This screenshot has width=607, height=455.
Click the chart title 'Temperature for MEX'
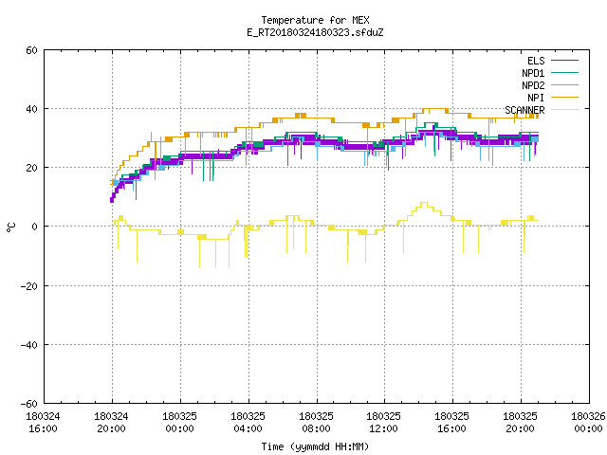[x=315, y=20]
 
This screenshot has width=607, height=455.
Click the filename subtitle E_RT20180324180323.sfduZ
[x=315, y=32]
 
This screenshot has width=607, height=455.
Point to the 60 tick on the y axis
[x=31, y=50]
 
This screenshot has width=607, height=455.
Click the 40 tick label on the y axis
[x=31, y=109]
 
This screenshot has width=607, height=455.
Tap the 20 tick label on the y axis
[x=31, y=168]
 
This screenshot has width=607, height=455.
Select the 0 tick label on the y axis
[x=35, y=227]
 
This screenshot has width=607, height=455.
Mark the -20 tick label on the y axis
[x=29, y=286]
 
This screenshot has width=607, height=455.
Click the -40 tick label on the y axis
[x=29, y=345]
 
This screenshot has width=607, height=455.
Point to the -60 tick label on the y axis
[x=29, y=404]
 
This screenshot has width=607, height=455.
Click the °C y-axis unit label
[x=11, y=227]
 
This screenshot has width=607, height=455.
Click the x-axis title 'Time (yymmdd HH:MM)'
[x=315, y=446]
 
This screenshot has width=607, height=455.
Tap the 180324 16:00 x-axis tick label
[x=43, y=423]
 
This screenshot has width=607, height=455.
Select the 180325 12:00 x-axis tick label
[x=383, y=423]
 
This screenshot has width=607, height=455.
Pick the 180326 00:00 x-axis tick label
[x=588, y=423]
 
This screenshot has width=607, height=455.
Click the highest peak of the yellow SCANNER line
[x=424, y=202]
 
